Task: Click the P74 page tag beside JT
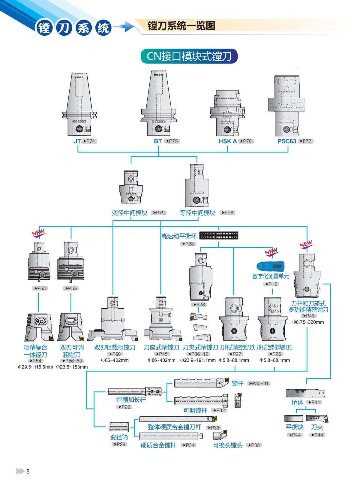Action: coord(90,141)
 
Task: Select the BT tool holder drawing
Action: coord(158,103)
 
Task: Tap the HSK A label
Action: coord(227,141)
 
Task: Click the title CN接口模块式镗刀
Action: coord(189,56)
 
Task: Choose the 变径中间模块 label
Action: coord(129,213)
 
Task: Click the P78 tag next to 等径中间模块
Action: coord(227,213)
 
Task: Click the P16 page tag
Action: coord(271,284)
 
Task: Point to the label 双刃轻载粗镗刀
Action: coord(115,347)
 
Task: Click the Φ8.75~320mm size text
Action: coord(308,322)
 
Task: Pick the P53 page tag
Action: coord(40,288)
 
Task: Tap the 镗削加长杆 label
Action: coord(131,400)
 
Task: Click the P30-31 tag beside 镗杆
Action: coord(259,383)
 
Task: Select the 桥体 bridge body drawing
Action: coord(305,393)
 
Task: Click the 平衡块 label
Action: coord(294,427)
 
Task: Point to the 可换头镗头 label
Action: coord(228,445)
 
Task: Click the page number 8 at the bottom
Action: coord(28,471)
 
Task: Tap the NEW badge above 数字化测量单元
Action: coord(271,252)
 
